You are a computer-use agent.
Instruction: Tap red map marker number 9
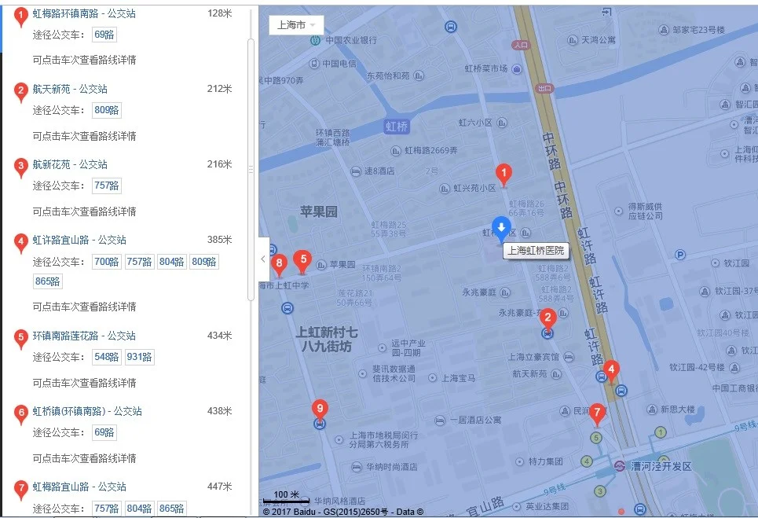tap(319, 408)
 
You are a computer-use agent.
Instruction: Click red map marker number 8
tap(277, 263)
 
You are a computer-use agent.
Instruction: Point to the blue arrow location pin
tap(501, 228)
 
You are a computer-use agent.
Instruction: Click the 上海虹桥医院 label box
tap(536, 251)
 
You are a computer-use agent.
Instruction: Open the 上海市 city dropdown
tap(295, 24)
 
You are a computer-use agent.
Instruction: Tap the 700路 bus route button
tap(106, 262)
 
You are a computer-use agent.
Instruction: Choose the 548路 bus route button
tap(106, 357)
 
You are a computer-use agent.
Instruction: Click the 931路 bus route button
tap(140, 357)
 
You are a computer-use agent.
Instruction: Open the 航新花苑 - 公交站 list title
tap(70, 164)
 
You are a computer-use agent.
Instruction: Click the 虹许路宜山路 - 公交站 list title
tap(79, 240)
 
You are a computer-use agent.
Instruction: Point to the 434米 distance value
tap(219, 336)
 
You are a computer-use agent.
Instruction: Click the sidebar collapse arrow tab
tap(263, 259)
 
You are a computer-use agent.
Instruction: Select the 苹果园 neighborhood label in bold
tap(318, 211)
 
